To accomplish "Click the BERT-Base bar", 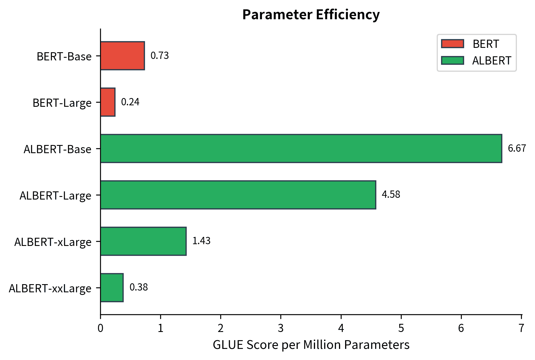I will [123, 56].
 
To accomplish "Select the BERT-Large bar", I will [108, 102].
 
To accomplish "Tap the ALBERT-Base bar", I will [301, 148].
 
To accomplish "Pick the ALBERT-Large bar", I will [238, 195].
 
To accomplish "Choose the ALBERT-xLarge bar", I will [143, 241].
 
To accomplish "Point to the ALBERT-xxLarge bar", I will [112, 288].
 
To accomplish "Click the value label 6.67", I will [517, 148].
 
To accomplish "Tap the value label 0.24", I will [130, 102].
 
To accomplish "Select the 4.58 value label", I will [391, 195].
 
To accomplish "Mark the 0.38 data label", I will [139, 288].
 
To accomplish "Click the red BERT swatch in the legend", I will [452, 44].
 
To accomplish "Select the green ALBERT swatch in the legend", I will [452, 60].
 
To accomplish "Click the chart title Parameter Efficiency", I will [311, 15].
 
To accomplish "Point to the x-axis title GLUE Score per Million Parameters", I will [311, 345].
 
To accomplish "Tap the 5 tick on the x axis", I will [401, 328].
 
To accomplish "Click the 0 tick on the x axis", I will [100, 328].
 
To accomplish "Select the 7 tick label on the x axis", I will [521, 328].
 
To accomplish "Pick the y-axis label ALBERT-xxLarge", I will [50, 289].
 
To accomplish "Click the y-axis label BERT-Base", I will [64, 57].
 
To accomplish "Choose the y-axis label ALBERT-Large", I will [55, 196].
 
